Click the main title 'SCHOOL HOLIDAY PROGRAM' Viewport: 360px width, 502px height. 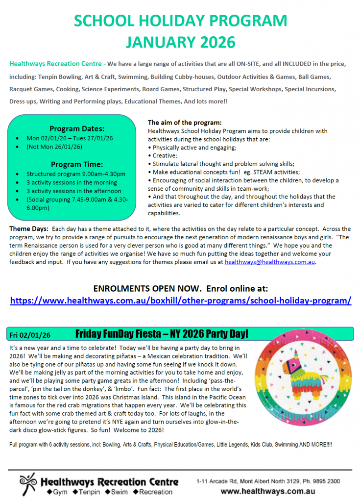click(x=180, y=21)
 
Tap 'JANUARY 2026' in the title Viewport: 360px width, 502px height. click(x=180, y=42)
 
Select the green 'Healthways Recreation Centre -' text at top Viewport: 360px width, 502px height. click(x=57, y=64)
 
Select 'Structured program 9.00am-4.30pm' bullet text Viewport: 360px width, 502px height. click(x=75, y=174)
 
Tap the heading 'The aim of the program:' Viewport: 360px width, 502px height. click(x=185, y=123)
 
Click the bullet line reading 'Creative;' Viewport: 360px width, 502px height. click(x=166, y=155)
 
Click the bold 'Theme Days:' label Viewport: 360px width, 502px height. click(x=29, y=229)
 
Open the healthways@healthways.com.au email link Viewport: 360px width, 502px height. click(x=270, y=262)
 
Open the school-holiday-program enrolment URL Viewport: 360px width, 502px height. click(x=180, y=301)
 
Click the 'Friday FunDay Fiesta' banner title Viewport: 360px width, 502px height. click(x=162, y=334)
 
